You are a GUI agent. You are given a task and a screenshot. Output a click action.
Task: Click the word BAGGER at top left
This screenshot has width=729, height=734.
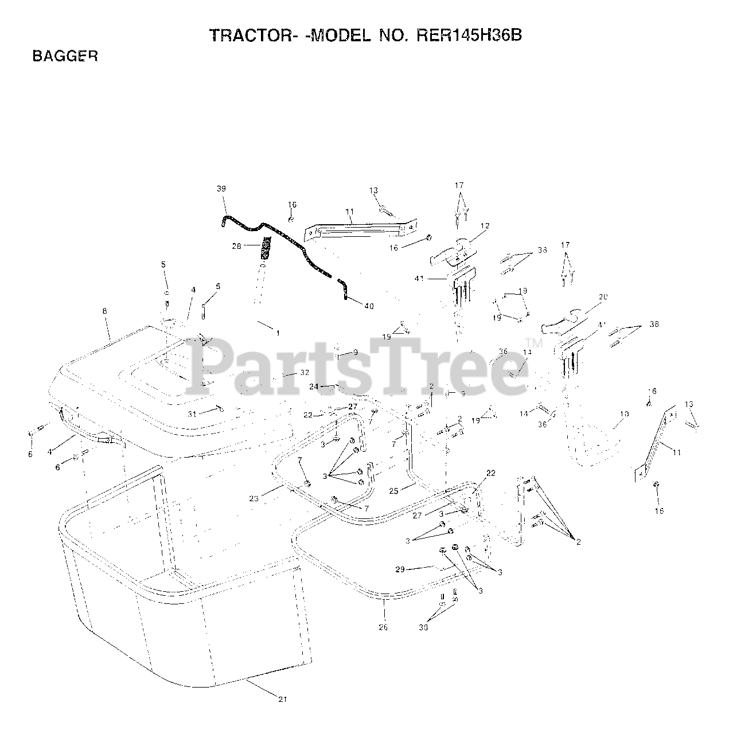tap(65, 56)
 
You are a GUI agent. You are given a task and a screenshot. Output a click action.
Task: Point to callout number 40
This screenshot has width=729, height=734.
tap(369, 306)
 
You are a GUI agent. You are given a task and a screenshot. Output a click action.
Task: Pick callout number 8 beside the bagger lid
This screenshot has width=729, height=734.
tap(104, 311)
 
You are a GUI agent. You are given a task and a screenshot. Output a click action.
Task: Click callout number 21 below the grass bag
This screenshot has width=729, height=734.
tap(282, 699)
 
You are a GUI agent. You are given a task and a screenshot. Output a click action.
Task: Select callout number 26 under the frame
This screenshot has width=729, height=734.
tap(383, 627)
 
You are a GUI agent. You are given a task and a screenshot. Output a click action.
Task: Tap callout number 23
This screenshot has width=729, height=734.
tap(254, 499)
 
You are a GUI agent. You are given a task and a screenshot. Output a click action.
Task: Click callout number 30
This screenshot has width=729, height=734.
tap(423, 628)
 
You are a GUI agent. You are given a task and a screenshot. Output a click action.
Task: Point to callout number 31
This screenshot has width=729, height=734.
tap(192, 413)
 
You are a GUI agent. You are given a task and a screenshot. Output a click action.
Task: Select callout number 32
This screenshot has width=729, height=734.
tap(305, 372)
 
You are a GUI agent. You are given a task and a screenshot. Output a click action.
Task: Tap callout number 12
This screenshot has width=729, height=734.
tap(485, 226)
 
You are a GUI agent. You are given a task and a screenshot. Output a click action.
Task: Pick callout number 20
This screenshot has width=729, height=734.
tap(602, 297)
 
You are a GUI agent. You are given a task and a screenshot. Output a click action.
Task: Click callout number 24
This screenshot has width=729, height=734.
tap(314, 386)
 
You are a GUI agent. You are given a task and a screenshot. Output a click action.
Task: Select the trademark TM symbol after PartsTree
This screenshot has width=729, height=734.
tap(529, 342)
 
